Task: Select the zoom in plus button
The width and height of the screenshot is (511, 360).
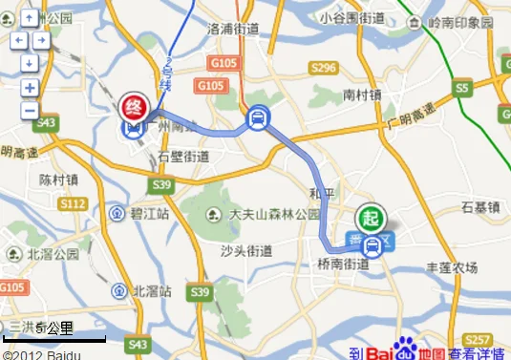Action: tap(30, 88)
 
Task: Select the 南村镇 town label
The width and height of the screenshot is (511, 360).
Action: tap(362, 95)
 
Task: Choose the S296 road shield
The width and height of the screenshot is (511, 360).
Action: tap(323, 67)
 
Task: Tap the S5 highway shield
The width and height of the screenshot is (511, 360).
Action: tap(464, 88)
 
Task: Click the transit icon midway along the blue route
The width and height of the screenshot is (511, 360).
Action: tap(255, 118)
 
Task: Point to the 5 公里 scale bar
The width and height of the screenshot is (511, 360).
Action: tap(53, 336)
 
